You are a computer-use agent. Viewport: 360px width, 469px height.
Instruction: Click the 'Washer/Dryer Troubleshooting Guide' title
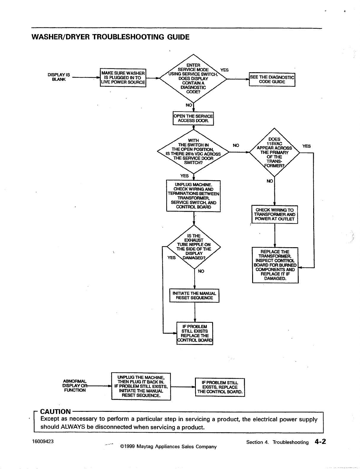coord(110,37)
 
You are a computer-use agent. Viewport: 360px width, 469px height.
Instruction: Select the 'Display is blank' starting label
coord(59,77)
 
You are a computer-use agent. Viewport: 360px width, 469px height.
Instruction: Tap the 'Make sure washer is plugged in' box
coord(123,78)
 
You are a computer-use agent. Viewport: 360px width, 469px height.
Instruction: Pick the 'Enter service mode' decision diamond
coord(193,78)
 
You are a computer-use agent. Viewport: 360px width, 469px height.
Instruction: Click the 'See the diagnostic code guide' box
coord(272,79)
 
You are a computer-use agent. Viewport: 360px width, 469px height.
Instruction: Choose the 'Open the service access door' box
coord(193,118)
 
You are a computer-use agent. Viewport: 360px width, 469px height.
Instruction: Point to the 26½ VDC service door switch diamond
coord(193,152)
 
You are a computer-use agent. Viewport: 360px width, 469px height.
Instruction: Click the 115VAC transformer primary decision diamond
coord(274,152)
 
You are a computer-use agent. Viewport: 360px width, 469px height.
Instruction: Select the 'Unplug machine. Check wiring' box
coord(193,196)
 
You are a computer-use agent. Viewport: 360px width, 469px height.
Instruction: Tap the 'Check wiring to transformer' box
coord(274,214)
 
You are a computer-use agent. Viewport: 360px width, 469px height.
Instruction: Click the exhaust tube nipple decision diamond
coord(194,247)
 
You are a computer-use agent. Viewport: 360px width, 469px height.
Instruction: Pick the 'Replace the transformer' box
coord(275,265)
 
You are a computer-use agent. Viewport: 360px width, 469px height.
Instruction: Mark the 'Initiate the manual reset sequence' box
coord(194,295)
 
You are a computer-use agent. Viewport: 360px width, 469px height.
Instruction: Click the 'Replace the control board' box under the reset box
coord(195,333)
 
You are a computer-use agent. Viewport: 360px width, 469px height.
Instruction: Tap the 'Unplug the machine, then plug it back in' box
coord(141,386)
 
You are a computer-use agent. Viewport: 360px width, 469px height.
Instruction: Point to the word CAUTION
coord(55,412)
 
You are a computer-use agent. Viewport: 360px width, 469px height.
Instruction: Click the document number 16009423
coord(43,441)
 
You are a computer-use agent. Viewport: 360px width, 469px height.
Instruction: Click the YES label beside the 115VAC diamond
coord(306,146)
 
